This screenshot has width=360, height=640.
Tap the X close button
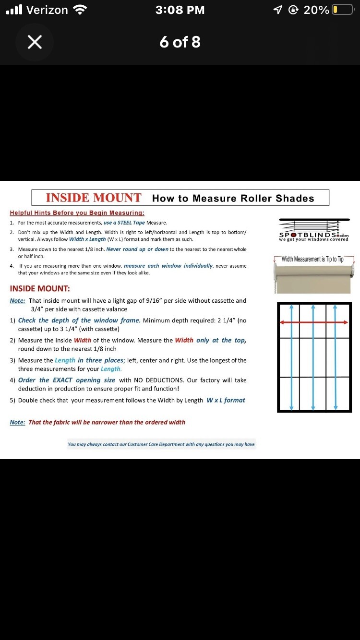[x=35, y=42]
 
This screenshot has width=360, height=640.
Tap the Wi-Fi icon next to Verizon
[x=80, y=10]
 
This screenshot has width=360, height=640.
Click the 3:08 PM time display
[x=180, y=10]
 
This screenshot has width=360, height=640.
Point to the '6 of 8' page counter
[x=180, y=42]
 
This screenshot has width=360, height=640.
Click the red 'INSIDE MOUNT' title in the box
[x=94, y=198]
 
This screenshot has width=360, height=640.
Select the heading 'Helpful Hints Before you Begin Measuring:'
[x=77, y=213]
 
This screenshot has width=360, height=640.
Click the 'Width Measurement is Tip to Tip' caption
[x=312, y=259]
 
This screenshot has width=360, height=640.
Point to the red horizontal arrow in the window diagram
[x=314, y=322]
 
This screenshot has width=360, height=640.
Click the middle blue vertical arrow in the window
[x=313, y=357]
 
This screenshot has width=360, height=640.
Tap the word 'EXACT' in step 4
[x=62, y=380]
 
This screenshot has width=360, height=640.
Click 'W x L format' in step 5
[x=226, y=400]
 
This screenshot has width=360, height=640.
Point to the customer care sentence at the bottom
[x=161, y=444]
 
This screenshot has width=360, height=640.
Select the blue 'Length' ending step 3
[x=111, y=369]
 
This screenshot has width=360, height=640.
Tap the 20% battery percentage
[x=316, y=10]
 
